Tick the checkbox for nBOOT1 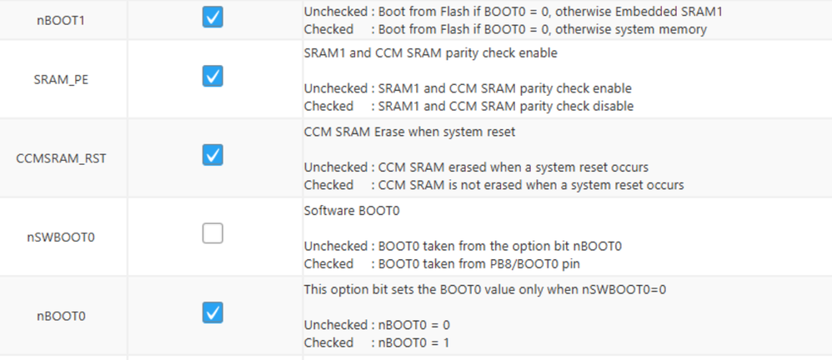213,17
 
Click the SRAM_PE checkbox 213,76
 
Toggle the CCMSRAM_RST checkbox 213,155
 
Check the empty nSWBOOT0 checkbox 213,233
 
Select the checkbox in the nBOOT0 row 213,312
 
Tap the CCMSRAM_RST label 61,158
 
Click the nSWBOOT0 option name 61,237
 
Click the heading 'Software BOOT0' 352,211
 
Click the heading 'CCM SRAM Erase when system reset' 409,132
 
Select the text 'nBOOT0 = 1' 413,342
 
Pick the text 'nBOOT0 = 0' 414,324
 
